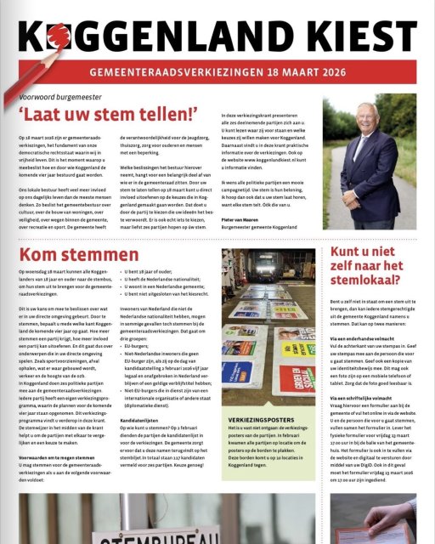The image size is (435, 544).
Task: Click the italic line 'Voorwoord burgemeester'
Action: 76,96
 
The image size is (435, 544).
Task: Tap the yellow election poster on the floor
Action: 297,348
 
